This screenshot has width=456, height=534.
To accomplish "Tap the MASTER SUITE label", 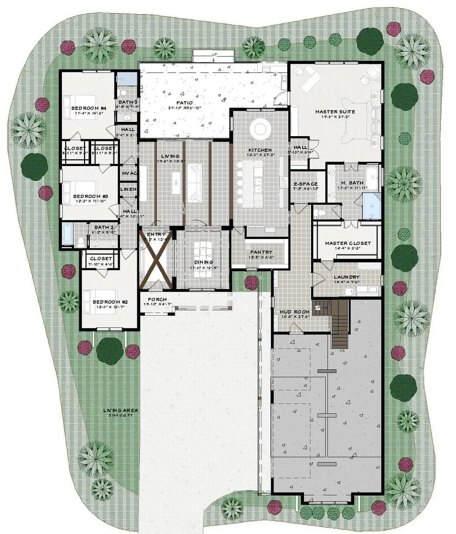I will (335, 112).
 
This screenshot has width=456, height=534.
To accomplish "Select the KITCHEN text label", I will (260, 150).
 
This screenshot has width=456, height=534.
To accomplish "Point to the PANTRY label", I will (261, 252).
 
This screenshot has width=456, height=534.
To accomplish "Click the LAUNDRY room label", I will (347, 277).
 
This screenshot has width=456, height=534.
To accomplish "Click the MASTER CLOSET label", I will (348, 243).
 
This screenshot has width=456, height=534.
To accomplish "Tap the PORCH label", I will (150, 299).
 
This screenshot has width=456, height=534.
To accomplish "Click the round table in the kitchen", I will (261, 129).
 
